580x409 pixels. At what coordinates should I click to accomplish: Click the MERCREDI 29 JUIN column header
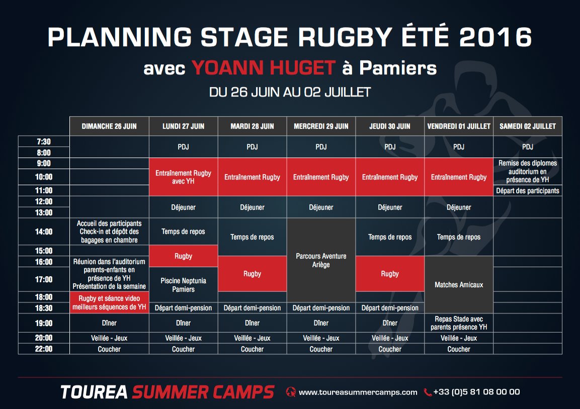(321, 126)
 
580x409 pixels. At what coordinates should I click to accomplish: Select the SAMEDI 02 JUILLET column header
(528, 126)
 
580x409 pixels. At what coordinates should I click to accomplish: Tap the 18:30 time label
(44, 308)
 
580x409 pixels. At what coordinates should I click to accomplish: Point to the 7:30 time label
(44, 142)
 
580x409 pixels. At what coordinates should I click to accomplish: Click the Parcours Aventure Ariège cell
(321, 260)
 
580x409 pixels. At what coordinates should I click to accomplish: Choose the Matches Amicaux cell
(459, 285)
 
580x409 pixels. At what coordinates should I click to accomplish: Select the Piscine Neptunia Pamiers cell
(183, 285)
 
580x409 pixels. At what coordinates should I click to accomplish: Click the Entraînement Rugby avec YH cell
(183, 177)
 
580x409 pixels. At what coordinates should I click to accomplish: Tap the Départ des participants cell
(528, 191)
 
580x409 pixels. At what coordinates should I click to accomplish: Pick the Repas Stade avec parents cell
(459, 323)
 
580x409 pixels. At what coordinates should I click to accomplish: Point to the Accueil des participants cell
(109, 231)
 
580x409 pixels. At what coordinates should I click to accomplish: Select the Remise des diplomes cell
(528, 172)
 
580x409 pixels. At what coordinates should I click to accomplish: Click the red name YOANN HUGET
(263, 68)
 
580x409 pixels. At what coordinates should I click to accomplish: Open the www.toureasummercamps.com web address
(358, 392)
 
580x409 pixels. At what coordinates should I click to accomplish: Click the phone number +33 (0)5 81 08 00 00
(476, 392)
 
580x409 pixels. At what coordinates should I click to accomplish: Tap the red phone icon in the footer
(428, 392)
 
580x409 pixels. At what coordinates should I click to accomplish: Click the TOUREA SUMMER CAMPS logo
(168, 392)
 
